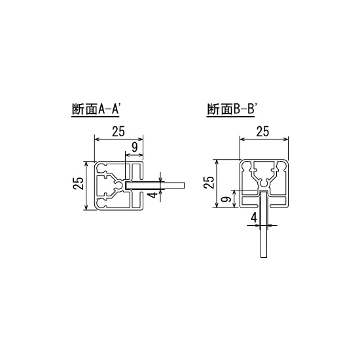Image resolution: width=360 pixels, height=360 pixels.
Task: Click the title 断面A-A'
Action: click(x=97, y=109)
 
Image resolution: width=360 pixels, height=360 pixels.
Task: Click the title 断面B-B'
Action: click(x=234, y=109)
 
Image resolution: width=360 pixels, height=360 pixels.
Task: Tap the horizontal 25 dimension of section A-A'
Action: click(x=118, y=131)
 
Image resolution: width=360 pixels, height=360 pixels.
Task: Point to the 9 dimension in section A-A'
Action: click(x=134, y=147)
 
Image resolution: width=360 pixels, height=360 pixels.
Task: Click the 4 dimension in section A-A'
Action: click(x=152, y=195)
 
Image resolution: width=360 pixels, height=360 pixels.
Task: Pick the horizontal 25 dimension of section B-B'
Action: click(x=262, y=131)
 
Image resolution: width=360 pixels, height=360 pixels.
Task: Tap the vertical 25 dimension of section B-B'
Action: click(x=209, y=181)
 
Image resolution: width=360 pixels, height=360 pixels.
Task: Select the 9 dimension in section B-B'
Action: click(x=225, y=199)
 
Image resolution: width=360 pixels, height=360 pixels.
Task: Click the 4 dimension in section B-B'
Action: click(x=254, y=217)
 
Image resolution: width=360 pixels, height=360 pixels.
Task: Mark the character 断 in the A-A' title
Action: click(x=77, y=109)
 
